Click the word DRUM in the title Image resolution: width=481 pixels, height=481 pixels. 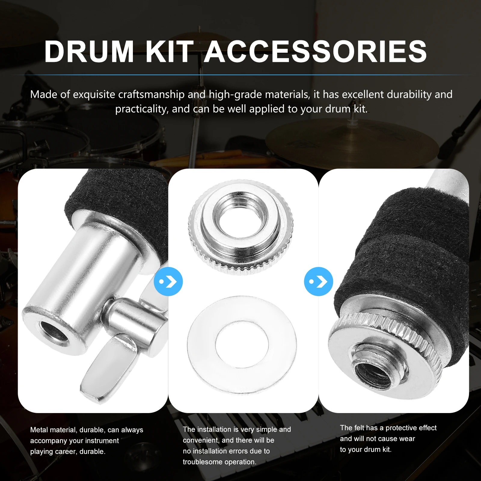click(x=89, y=52)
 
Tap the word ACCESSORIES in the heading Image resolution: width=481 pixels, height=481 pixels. click(x=315, y=52)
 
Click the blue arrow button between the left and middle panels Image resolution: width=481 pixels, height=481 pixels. click(x=168, y=282)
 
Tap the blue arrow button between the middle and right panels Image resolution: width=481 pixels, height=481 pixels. click(x=318, y=282)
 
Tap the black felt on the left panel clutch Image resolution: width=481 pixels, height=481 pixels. click(x=117, y=195)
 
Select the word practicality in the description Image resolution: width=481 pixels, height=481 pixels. click(x=141, y=109)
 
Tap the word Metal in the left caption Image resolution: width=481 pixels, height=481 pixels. click(x=39, y=430)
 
